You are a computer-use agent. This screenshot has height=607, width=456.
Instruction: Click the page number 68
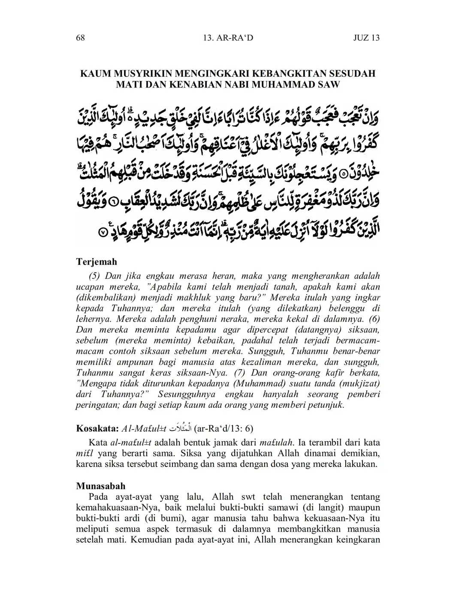point(80,38)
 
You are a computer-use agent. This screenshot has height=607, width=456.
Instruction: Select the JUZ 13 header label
point(366,38)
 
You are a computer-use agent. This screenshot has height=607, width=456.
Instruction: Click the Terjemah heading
point(97,261)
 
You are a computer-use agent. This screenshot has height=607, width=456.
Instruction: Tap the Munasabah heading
point(101,486)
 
